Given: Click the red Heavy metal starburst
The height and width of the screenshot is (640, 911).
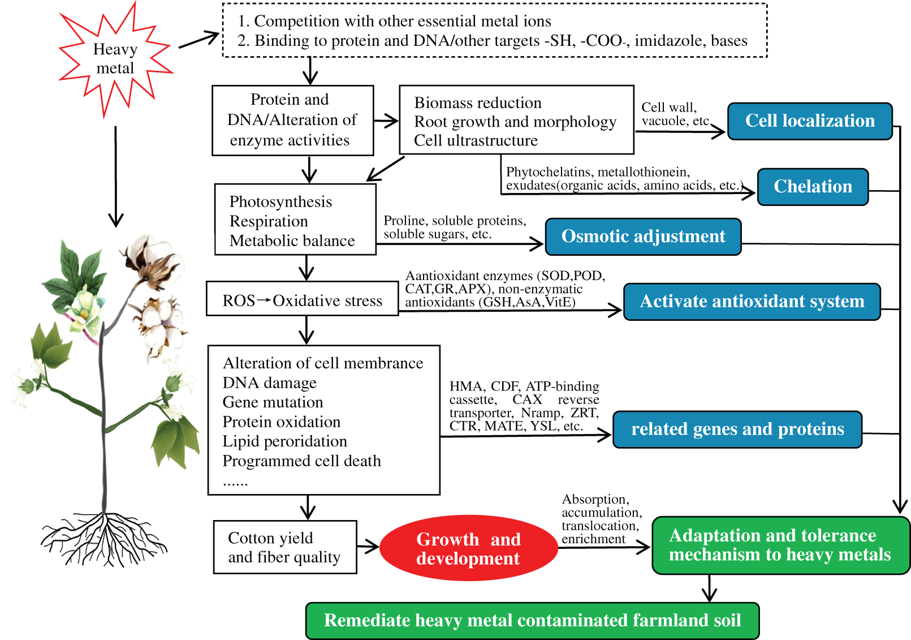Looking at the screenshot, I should coord(115,59).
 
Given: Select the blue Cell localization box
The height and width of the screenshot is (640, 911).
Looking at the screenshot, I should coord(809,121).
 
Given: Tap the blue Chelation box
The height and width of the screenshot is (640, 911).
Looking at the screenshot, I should coord(813,187).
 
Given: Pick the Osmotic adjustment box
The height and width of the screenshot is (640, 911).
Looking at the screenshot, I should coord(643,237).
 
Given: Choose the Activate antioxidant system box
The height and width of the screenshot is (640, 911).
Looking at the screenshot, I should coord(752,302).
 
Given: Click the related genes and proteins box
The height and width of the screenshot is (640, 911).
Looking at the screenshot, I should coord(737,429).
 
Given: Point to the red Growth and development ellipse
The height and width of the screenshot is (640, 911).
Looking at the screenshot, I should coord(468,548).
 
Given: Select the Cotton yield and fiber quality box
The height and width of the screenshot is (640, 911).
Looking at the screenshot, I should coord(285,547).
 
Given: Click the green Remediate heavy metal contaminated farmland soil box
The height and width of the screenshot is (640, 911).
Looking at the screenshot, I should coord(532,621).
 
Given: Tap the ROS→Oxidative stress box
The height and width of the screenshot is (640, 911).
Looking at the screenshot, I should coord(302,301).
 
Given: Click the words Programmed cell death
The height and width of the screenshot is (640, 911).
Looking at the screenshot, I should coord(301,461).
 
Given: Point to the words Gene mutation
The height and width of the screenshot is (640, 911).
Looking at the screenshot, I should coord(273,402).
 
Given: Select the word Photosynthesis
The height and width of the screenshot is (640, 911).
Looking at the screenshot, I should coord(280,202).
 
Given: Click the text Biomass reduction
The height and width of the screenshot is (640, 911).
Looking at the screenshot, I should coord(478,103).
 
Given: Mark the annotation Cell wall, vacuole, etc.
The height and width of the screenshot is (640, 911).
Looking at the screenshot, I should coord(675,114).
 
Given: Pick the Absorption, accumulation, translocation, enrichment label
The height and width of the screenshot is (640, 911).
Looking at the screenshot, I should coord(601,519).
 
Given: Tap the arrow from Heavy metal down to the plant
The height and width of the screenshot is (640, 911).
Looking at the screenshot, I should coord(116,175).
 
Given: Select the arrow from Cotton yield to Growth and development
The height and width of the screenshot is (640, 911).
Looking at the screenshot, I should coord(368,547).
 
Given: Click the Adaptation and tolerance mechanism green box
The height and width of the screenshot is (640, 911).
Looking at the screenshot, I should coord(780,545).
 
